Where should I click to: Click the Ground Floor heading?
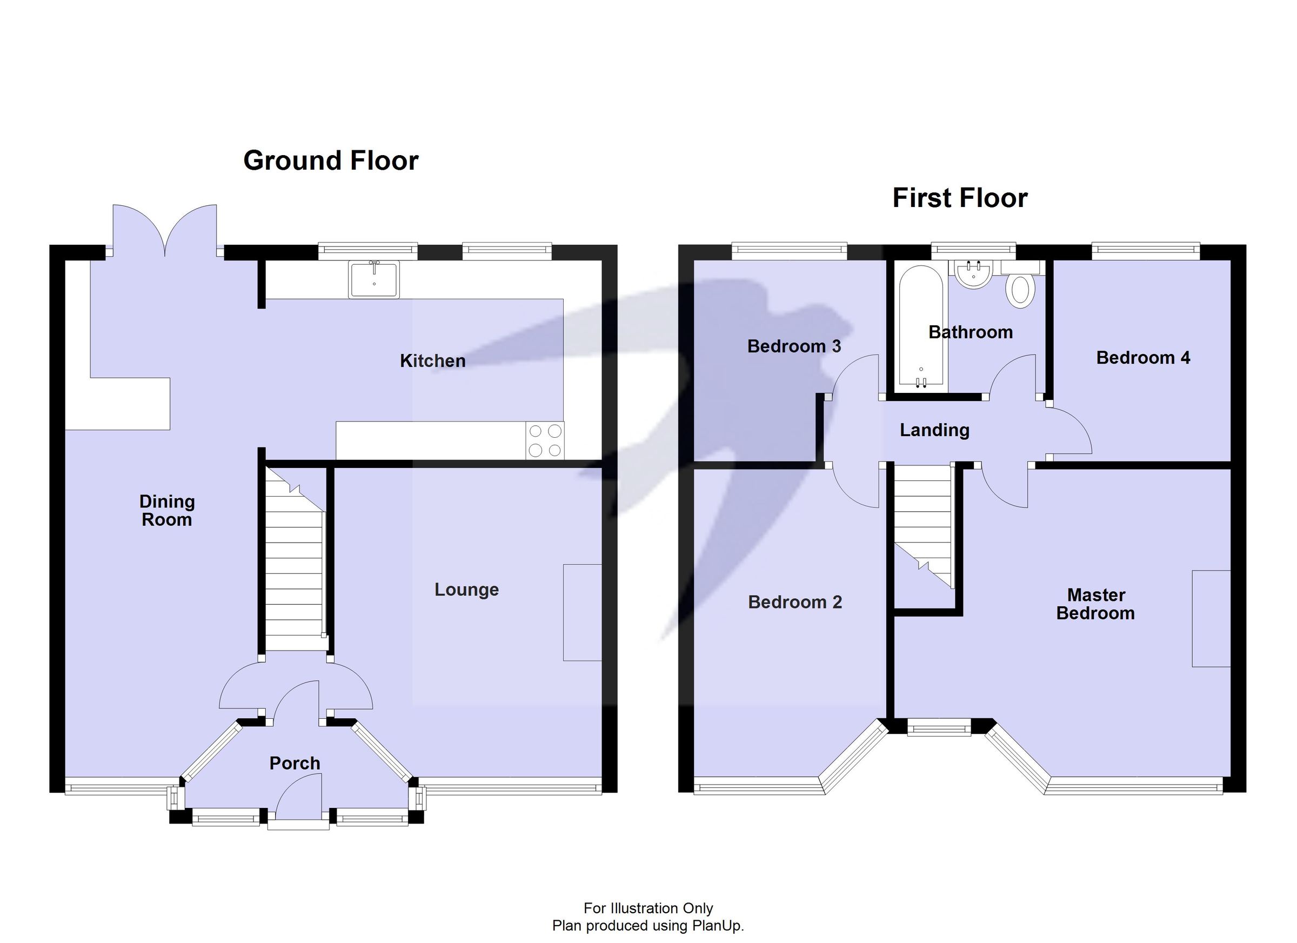(331, 160)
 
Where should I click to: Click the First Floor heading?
(960, 198)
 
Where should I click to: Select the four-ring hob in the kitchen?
(544, 440)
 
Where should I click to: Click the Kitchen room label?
(432, 361)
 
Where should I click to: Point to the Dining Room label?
(167, 511)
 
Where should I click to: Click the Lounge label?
(466, 590)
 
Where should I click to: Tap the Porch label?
(295, 763)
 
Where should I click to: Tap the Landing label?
(934, 430)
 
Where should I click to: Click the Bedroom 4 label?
(1142, 358)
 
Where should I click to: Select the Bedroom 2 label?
(794, 602)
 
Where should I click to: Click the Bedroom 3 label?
(794, 346)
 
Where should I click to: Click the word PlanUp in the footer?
(718, 926)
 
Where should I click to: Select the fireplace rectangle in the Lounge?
(581, 612)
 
